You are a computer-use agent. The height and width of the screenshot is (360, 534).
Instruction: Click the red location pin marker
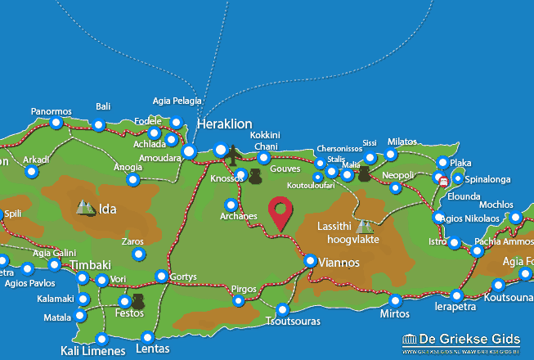tap(282, 212)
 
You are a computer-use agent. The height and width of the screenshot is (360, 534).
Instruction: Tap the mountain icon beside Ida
tap(85, 208)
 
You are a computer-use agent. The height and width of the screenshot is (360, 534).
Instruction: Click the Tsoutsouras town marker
tap(283, 309)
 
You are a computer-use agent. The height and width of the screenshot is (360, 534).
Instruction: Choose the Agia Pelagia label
tap(176, 101)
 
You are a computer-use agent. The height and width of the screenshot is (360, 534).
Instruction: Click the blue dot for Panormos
tap(56, 123)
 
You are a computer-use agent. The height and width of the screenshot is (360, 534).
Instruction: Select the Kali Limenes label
tap(93, 351)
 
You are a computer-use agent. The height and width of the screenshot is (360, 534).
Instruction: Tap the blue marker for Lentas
tap(147, 336)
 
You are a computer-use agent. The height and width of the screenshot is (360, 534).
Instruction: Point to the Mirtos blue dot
tap(396, 300)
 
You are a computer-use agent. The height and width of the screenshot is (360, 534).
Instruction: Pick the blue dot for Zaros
tap(138, 254)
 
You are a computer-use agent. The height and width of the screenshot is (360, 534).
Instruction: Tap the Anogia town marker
tap(133, 179)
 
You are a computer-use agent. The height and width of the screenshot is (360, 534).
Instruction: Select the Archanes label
tap(239, 217)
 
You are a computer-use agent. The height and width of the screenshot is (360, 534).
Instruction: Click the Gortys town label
tap(183, 277)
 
